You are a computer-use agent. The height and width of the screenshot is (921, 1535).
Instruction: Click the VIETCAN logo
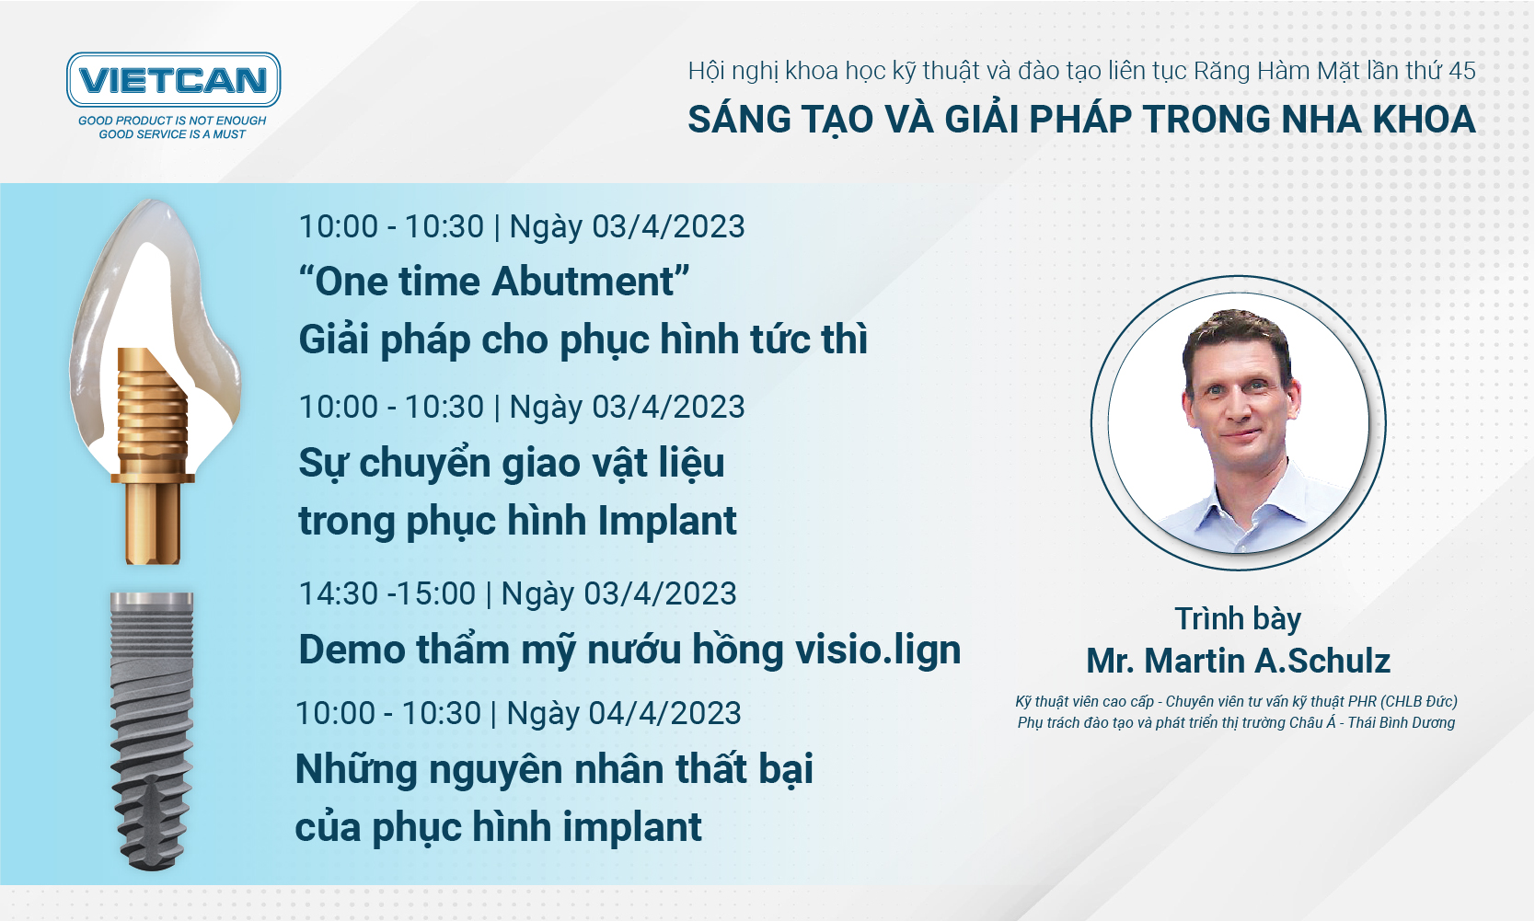click(173, 79)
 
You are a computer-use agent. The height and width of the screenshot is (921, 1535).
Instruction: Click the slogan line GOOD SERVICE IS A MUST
click(172, 134)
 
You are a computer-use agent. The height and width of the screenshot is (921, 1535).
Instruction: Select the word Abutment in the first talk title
click(583, 282)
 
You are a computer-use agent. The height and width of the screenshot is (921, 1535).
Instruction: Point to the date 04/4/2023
click(664, 713)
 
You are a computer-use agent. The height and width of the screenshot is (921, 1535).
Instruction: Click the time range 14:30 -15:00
click(387, 593)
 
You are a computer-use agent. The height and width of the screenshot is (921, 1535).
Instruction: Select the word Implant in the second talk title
click(667, 522)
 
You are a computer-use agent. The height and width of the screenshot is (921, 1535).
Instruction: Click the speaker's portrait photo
click(1239, 423)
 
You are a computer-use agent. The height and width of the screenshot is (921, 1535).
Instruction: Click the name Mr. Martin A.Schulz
click(1239, 662)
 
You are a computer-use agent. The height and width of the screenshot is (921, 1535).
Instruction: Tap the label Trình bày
click(1239, 619)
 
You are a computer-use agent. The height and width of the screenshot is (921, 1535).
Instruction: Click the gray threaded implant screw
click(152, 731)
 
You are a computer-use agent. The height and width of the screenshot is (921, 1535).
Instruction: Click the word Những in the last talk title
click(356, 769)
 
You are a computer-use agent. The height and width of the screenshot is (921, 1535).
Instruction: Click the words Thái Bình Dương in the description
click(1402, 723)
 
